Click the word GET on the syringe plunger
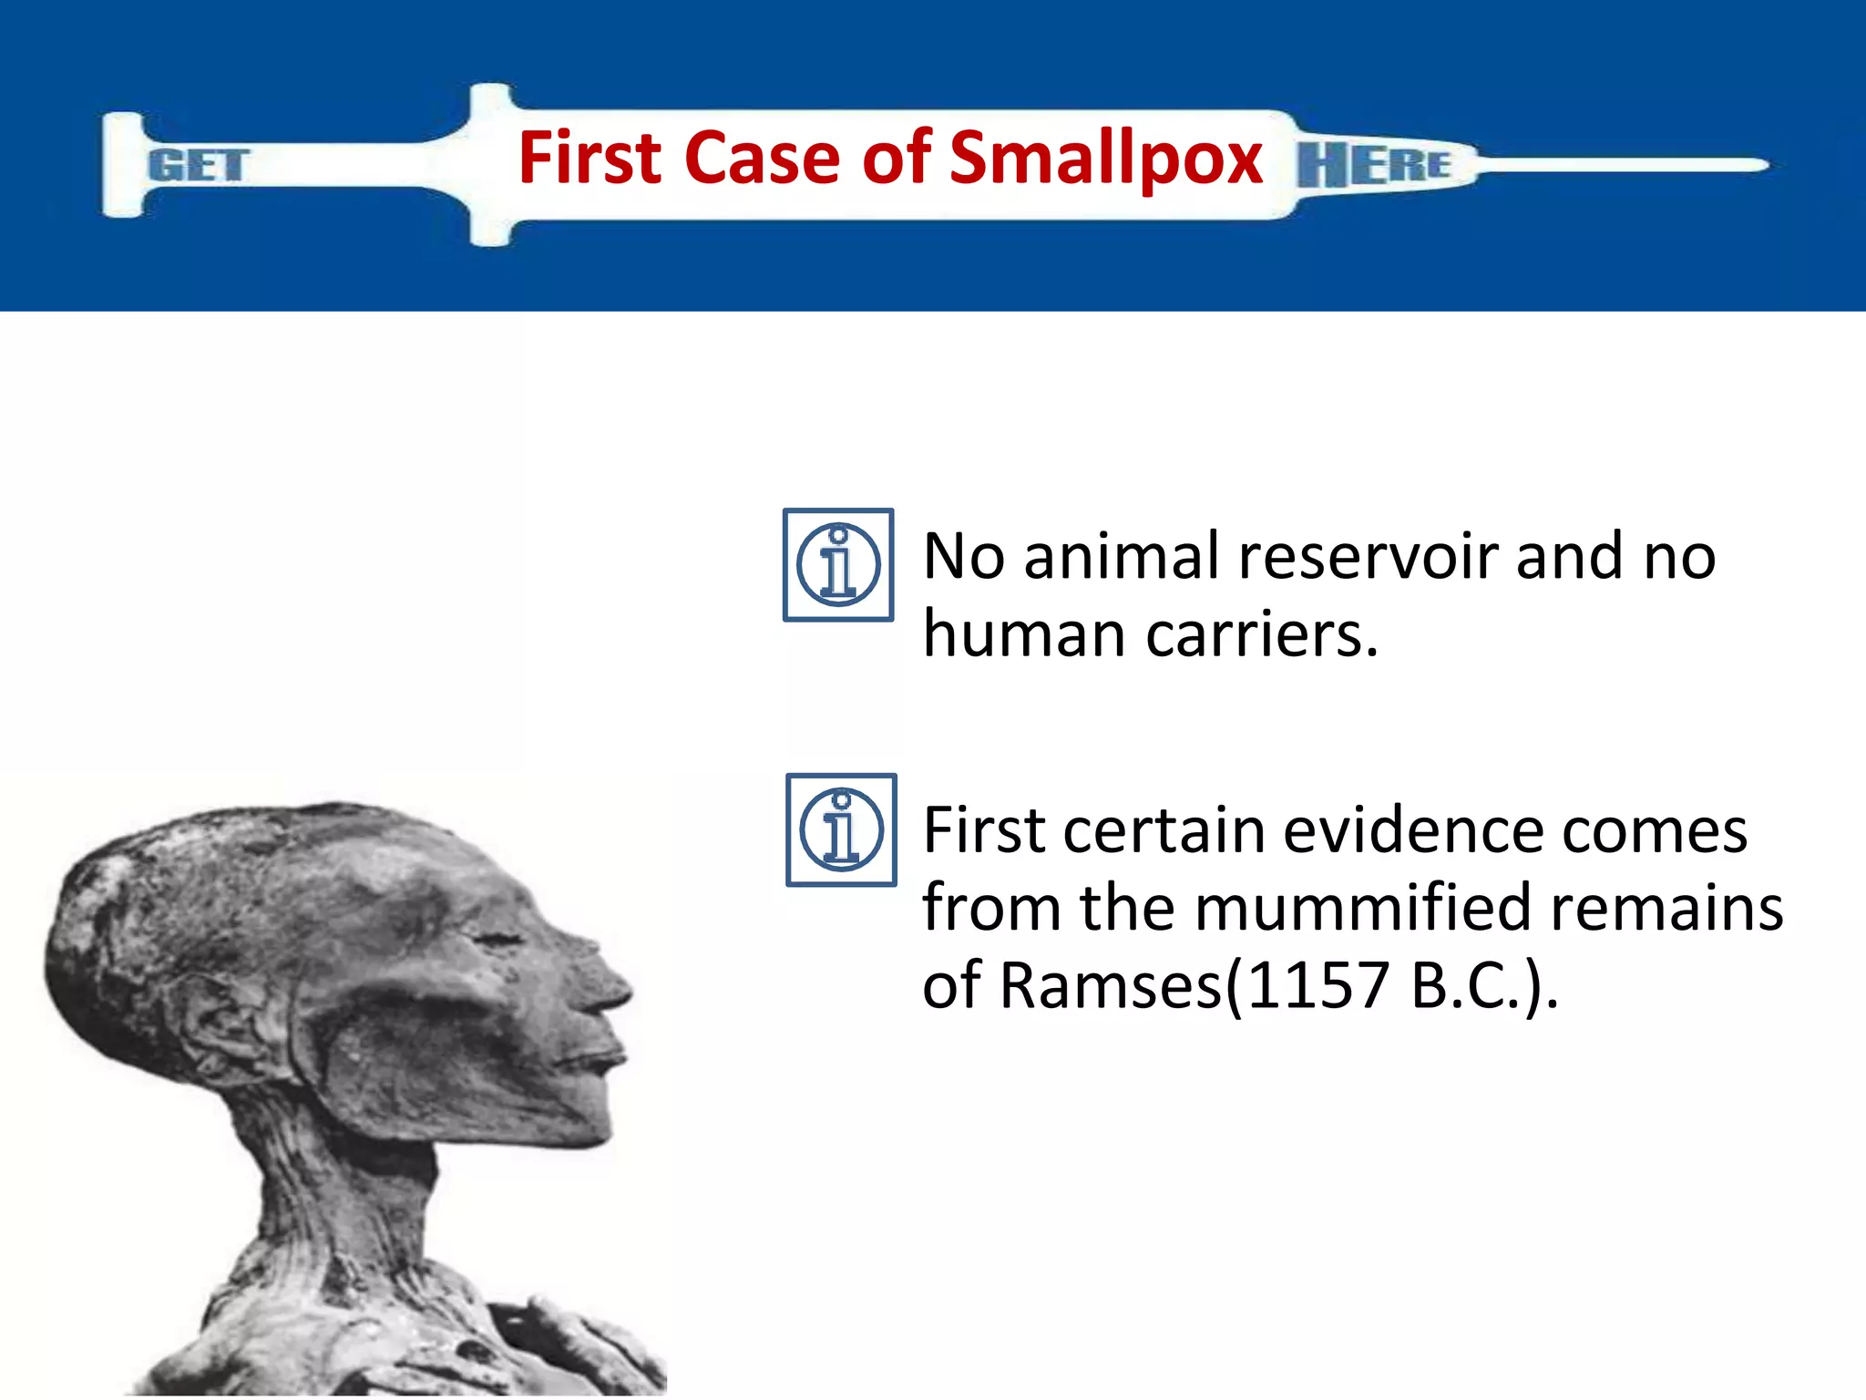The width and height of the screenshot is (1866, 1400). (x=198, y=166)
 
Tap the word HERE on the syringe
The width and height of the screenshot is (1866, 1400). (x=1374, y=165)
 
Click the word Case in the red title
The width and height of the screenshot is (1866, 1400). (x=761, y=158)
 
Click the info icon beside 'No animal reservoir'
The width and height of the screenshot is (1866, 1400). (x=838, y=565)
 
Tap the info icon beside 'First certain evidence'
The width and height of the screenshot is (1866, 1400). (x=841, y=829)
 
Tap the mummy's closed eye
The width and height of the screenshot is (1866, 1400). (x=497, y=939)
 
